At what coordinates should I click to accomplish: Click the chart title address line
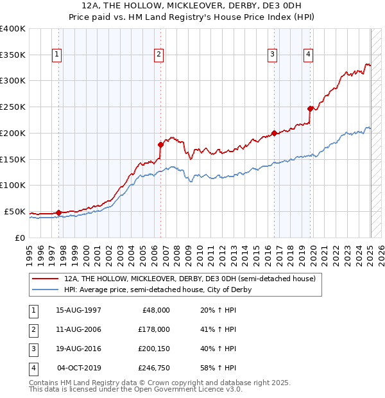click(192, 6)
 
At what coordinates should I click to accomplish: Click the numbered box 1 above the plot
click(57, 55)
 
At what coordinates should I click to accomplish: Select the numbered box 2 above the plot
click(158, 55)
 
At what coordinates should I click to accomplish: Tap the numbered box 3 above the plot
click(272, 55)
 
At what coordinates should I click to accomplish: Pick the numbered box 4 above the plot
click(309, 55)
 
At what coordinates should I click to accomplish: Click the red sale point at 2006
click(160, 144)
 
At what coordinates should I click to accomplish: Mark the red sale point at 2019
click(311, 108)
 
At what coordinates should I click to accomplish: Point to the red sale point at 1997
click(58, 212)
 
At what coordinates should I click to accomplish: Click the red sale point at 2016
click(274, 133)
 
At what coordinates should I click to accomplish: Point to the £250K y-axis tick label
click(13, 107)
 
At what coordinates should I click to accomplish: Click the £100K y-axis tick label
click(13, 185)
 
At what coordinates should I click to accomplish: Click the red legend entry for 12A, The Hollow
click(190, 279)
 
